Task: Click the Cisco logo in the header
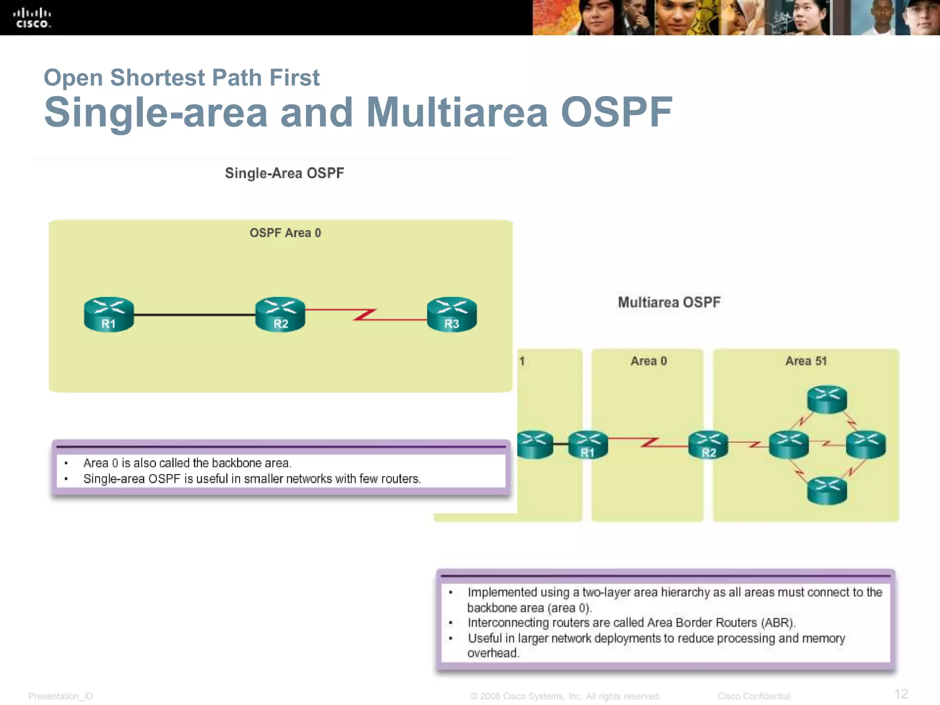coord(32,18)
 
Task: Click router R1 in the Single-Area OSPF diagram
coord(109,314)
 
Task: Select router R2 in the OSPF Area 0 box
coord(280,314)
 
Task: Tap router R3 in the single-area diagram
coord(452,314)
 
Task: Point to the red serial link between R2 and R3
coord(365,315)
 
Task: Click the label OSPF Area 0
coord(285,233)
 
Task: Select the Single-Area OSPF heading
coord(284,173)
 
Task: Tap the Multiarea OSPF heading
coord(669,302)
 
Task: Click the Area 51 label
coord(806,361)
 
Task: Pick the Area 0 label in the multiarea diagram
coord(648,361)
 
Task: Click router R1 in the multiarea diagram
coord(588,445)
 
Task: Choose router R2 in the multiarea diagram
coord(708,445)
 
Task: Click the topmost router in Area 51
coord(827,399)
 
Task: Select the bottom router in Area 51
coord(827,491)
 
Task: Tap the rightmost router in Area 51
coord(866,445)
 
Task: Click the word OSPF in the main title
coord(616,112)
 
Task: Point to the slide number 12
coord(901,694)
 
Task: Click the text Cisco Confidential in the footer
coord(754,696)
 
